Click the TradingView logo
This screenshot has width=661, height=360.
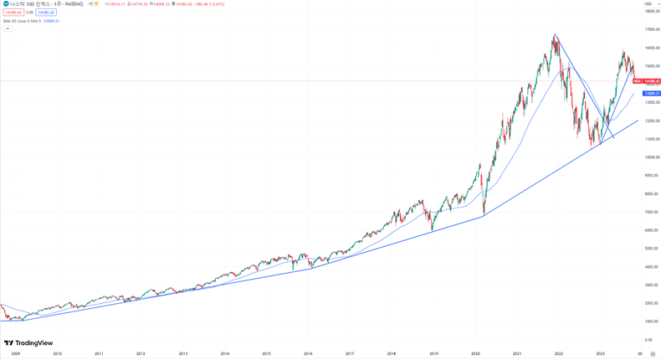pyautogui.click(x=28, y=343)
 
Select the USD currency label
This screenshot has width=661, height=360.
pyautogui.click(x=648, y=4)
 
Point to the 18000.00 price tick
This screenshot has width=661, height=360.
pyautogui.click(x=652, y=12)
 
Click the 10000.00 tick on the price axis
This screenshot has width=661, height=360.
pyautogui.click(x=652, y=157)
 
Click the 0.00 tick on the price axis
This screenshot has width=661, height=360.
pyautogui.click(x=648, y=340)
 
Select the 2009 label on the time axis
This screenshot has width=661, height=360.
pyautogui.click(x=15, y=354)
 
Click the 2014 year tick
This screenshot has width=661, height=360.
pyautogui.click(x=224, y=354)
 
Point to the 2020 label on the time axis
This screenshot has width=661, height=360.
pyautogui.click(x=475, y=354)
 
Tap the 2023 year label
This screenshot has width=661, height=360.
pyautogui.click(x=601, y=354)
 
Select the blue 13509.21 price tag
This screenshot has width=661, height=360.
pyautogui.click(x=652, y=94)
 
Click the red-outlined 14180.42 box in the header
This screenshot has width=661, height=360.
pyautogui.click(x=13, y=13)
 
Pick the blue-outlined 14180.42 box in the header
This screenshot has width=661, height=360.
pyautogui.click(x=46, y=13)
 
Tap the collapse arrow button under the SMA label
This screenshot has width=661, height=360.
pyautogui.click(x=8, y=28)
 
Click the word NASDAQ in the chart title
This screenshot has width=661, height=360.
pyautogui.click(x=74, y=4)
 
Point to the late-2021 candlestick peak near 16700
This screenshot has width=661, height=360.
pyautogui.click(x=554, y=35)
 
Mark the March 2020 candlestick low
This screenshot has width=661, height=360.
pyautogui.click(x=484, y=213)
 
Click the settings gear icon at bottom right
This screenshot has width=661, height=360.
pyautogui.click(x=653, y=354)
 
